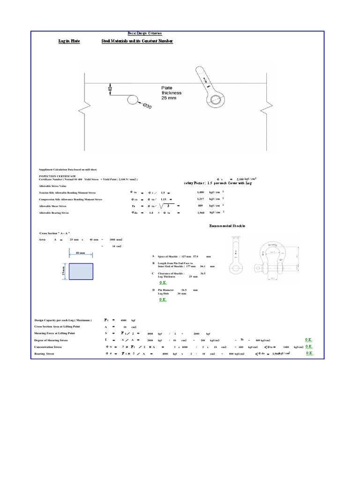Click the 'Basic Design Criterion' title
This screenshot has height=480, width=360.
(145, 33)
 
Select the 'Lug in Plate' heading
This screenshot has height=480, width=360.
(69, 42)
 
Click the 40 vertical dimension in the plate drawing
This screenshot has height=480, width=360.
(111, 89)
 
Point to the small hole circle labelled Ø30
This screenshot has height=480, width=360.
(132, 100)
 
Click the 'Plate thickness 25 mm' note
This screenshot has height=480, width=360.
(172, 93)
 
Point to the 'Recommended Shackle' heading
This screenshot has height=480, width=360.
(227, 226)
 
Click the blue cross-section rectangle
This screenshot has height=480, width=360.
(81, 271)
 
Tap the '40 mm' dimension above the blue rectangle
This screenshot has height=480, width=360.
(80, 253)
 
